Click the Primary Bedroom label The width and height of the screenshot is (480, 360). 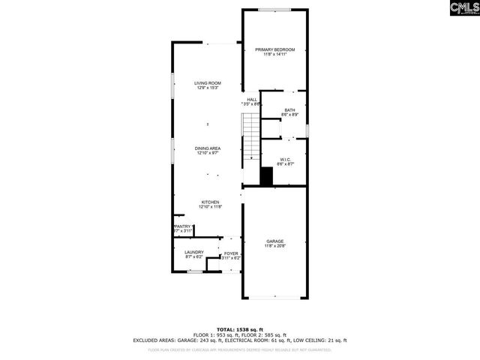point(274,49)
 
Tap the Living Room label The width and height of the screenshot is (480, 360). point(207,83)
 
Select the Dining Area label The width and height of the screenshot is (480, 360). point(207,148)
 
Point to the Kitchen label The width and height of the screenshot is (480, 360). point(209,202)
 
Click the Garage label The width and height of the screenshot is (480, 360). point(274,241)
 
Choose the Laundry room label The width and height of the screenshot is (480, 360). point(194,253)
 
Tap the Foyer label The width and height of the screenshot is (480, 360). point(231,253)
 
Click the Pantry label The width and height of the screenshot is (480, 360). point(184,226)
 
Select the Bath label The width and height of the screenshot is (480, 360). point(289,110)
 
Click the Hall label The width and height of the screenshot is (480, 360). point(252,99)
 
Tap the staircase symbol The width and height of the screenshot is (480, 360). point(250,139)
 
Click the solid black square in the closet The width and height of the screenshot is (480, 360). point(265,177)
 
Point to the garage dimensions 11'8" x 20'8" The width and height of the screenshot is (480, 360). point(274,246)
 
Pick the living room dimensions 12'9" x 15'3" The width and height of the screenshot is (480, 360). point(207,88)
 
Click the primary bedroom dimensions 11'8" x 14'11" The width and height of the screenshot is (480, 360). point(274,55)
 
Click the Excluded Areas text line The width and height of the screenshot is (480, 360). point(240,340)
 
